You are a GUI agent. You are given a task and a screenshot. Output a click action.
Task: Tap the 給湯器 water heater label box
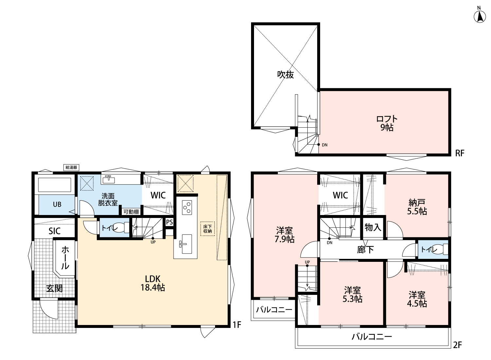tap(71, 168)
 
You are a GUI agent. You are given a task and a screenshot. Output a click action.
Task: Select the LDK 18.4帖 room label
tap(153, 283)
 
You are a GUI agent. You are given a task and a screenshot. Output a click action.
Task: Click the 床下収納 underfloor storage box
tap(207, 229)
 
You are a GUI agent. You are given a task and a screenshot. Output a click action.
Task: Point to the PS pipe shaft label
tap(170, 222)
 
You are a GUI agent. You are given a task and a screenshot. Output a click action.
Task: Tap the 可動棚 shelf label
tap(131, 212)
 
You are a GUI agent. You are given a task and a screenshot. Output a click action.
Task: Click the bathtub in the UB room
tap(55, 185)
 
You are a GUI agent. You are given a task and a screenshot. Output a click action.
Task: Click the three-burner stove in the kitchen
tap(187, 207)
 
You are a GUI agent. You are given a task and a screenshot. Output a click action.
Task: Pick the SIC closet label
tap(54, 231)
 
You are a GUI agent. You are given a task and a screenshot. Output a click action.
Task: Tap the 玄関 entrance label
tap(54, 289)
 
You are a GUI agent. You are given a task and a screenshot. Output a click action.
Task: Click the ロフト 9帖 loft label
tap(387, 123)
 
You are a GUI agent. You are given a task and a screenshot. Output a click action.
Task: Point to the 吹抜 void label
tap(285, 75)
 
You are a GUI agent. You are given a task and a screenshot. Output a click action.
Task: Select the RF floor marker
tap(460, 153)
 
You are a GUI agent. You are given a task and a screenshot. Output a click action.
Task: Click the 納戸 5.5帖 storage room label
tap(417, 207)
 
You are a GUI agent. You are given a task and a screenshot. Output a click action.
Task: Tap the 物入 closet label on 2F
tap(373, 227)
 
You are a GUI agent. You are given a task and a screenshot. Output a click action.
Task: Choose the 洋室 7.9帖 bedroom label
tap(284, 235)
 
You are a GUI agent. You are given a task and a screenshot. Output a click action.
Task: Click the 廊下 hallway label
tap(365, 250)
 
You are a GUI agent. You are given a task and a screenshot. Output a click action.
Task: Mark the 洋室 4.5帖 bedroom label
tap(417, 299)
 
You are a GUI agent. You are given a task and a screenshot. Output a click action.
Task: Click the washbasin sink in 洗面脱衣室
tap(109, 179)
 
